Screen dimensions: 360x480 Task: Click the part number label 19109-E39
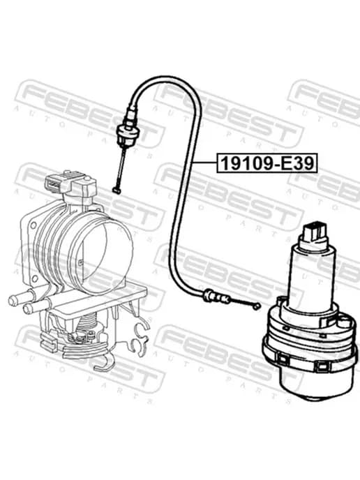click(267, 163)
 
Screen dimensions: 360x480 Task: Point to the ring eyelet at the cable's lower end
click(257, 306)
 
